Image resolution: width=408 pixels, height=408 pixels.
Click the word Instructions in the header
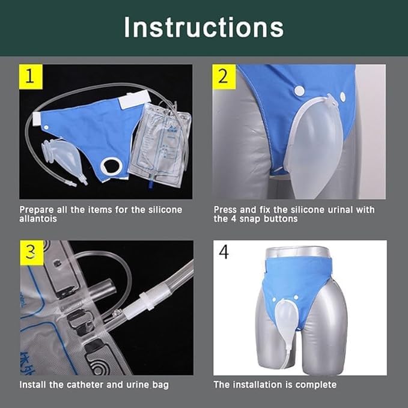pyautogui.click(x=204, y=27)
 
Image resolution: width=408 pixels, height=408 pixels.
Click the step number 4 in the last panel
pyautogui.click(x=224, y=252)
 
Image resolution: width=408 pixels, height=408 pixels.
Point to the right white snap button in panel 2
pyautogui.click(x=343, y=96)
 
